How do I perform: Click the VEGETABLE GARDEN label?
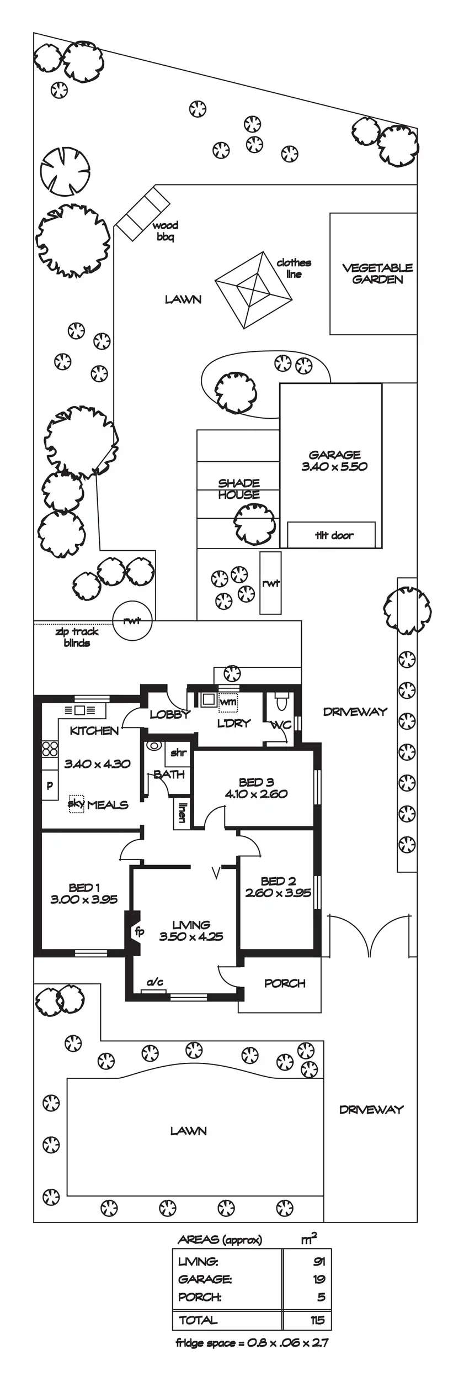click(x=377, y=273)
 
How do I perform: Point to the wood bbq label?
click(x=165, y=231)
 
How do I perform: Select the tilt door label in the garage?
click(x=334, y=535)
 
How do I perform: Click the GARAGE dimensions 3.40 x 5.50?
click(x=334, y=466)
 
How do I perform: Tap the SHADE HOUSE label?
click(x=239, y=489)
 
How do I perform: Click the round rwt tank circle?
click(x=132, y=620)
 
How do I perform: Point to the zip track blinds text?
click(x=77, y=637)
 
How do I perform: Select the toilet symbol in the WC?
click(x=281, y=701)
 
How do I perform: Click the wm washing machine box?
click(x=228, y=702)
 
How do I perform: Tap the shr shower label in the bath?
click(x=178, y=752)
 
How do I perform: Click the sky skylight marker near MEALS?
click(x=76, y=803)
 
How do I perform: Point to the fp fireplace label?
click(x=140, y=931)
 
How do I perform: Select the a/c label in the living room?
click(x=155, y=982)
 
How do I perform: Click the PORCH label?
click(x=285, y=983)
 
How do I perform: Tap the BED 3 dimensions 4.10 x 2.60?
click(x=256, y=794)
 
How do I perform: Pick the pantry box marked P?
click(x=50, y=786)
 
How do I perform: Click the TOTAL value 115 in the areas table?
click(x=317, y=1320)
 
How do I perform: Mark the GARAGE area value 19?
click(x=319, y=1279)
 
